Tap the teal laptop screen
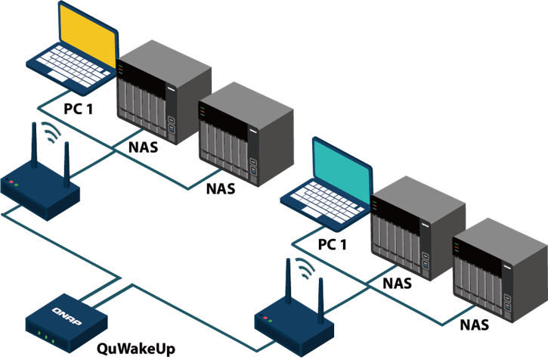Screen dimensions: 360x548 (342, 169)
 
